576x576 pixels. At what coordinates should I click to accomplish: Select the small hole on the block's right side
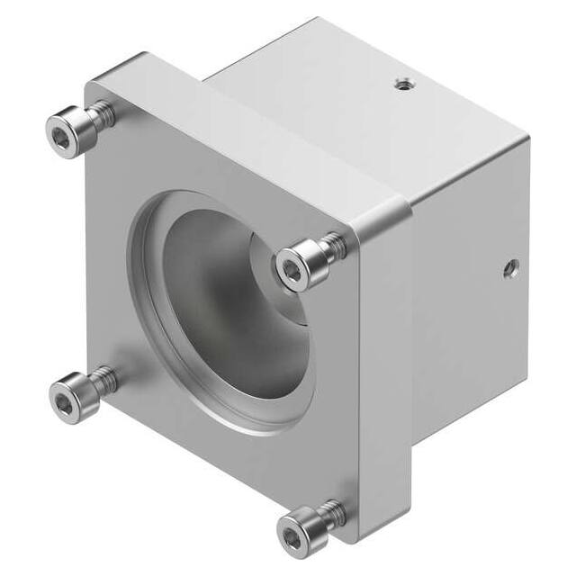click(510, 266)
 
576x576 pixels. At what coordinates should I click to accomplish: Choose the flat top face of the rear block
click(360, 99)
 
